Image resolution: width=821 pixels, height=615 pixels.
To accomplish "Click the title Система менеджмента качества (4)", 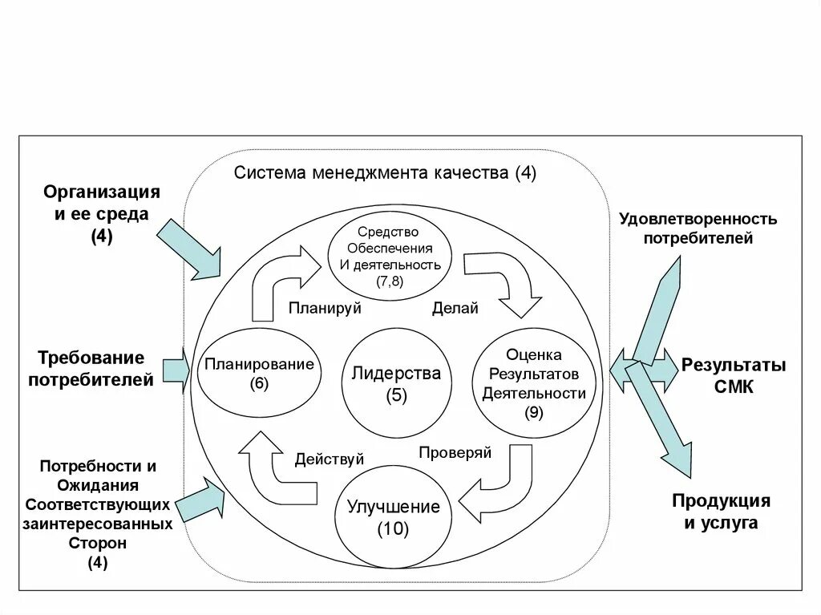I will pos(385,173).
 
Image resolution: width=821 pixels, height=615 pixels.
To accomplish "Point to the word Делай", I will pos(455,308).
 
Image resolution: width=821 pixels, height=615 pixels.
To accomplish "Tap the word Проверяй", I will pos(455,452).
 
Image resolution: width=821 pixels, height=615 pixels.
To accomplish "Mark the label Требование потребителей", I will pos(91,368).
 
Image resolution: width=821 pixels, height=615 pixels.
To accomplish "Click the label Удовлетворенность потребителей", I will pos(698,228).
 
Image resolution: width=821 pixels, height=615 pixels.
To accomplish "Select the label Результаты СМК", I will pos(734,376).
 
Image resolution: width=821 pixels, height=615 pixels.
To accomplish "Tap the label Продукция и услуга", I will pos(721,512).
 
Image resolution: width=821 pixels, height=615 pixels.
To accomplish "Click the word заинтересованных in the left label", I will pos(98,524).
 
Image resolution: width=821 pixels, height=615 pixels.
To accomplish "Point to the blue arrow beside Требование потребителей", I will pos(176,370).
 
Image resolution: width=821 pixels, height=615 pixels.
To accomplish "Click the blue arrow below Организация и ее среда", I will pos(189,249).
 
